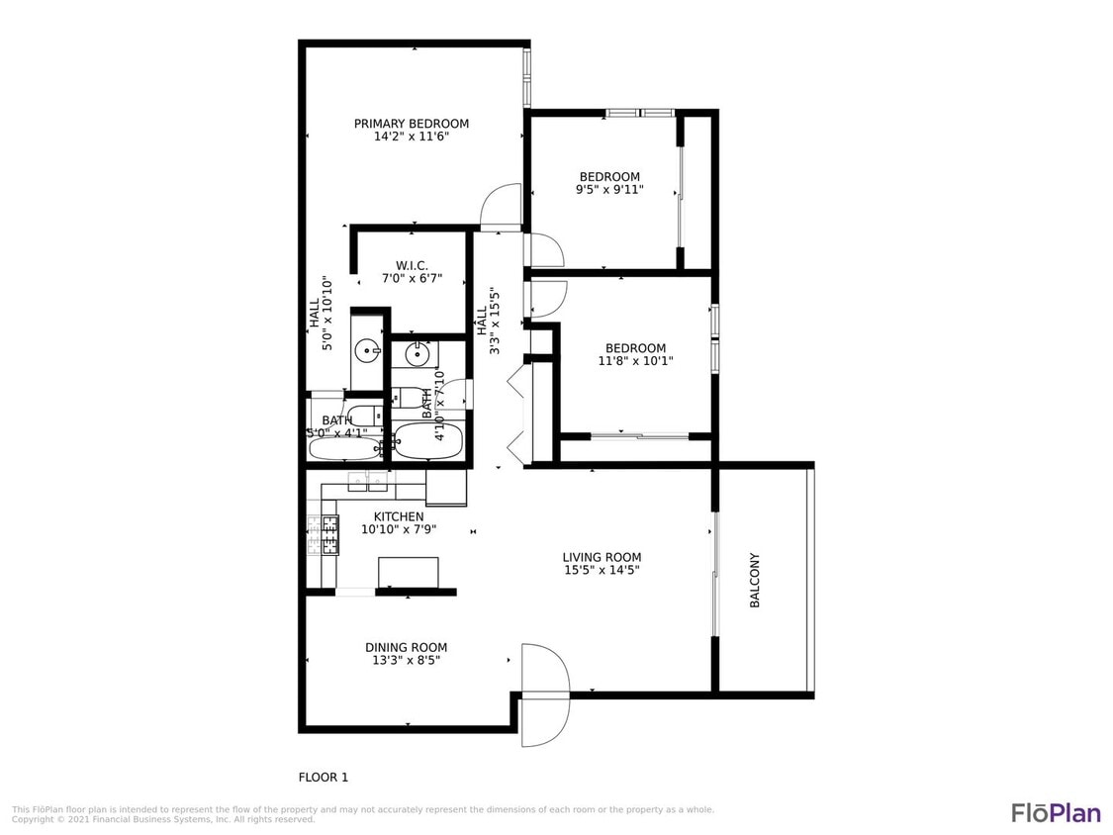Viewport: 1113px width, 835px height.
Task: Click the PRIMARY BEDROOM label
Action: coord(412,124)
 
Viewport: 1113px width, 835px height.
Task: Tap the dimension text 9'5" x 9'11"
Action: coord(609,190)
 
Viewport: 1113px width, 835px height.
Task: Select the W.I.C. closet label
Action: coord(412,265)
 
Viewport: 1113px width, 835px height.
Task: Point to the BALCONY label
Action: coord(755,580)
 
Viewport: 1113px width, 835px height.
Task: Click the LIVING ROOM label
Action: coord(602,557)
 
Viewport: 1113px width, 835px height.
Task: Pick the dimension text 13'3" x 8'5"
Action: coord(406,660)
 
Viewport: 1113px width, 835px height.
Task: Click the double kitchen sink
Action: coord(368,482)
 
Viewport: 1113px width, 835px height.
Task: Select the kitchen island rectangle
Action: coord(409,572)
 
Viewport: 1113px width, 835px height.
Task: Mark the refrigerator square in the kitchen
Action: coord(446,487)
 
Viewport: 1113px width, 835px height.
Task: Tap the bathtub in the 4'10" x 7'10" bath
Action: coord(427,442)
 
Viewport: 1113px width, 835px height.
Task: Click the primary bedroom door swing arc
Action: coord(501,205)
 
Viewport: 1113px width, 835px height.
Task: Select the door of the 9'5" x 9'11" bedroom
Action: coord(545,251)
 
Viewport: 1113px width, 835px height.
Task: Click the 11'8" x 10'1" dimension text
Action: coord(635,361)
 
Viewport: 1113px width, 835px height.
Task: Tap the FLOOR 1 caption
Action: coord(324,778)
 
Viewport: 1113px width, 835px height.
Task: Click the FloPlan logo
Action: coord(1056,812)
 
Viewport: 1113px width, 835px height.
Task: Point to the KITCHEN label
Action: coord(399,516)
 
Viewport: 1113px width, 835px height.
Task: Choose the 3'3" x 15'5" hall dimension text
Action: coord(493,321)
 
